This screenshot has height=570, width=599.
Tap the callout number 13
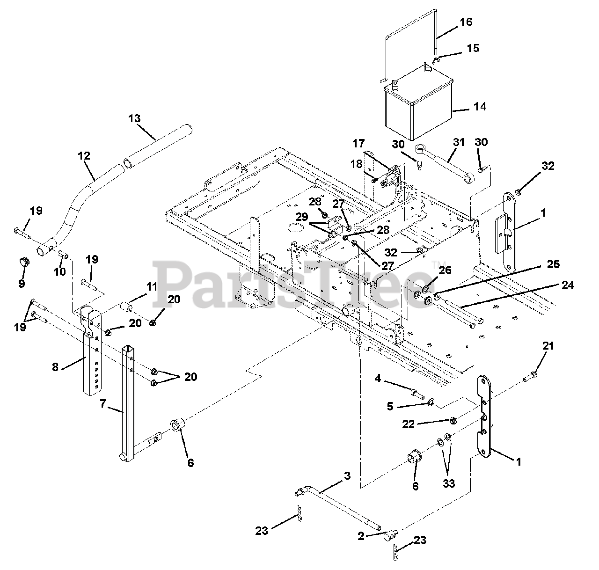tap(134, 118)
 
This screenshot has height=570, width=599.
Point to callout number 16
tap(466, 22)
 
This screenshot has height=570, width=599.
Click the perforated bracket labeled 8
tap(91, 350)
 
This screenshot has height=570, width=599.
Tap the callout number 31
tap(459, 142)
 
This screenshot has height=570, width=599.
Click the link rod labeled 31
tap(445, 164)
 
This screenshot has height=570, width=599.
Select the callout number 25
tap(553, 264)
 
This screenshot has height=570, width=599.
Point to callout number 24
tap(567, 285)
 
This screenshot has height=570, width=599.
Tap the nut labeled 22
tap(453, 421)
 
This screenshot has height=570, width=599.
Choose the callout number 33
tap(448, 483)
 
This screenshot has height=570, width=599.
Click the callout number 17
tap(358, 143)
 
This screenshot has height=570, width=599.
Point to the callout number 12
tap(84, 156)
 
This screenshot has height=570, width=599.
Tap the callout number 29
tap(302, 217)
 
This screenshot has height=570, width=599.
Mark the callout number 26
tap(445, 270)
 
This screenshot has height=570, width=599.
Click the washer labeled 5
tap(431, 403)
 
